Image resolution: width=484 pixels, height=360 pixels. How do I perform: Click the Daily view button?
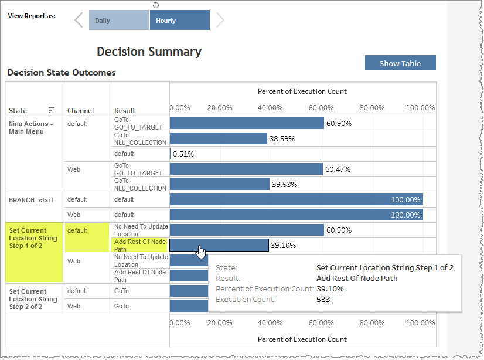[x=118, y=21]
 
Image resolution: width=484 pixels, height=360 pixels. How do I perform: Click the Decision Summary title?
[x=149, y=52]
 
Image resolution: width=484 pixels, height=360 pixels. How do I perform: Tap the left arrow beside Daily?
[x=79, y=21]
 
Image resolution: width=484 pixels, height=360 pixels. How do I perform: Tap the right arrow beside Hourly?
[x=220, y=21]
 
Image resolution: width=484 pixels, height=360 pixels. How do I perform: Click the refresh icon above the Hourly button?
[x=155, y=5]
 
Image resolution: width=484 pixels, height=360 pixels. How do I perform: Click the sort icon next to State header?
[x=52, y=110]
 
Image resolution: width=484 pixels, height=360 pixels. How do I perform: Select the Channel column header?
[x=80, y=110]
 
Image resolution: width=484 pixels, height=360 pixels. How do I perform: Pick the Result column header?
[x=125, y=110]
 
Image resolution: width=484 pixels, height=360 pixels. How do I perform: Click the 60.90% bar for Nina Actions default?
[x=246, y=123]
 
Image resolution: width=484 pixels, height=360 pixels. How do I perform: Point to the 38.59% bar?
[x=218, y=138]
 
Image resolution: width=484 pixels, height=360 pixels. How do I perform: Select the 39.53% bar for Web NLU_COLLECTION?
[x=219, y=184]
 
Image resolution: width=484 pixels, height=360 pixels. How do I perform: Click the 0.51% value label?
[x=183, y=154]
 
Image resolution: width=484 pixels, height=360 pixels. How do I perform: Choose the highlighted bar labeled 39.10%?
[x=219, y=245]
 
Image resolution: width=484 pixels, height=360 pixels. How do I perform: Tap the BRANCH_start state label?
[x=32, y=200]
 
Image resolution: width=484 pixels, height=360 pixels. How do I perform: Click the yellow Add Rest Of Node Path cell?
[x=140, y=245]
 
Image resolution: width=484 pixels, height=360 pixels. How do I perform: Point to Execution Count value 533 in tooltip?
[x=323, y=299]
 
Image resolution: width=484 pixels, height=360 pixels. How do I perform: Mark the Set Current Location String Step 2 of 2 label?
[x=33, y=298]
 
